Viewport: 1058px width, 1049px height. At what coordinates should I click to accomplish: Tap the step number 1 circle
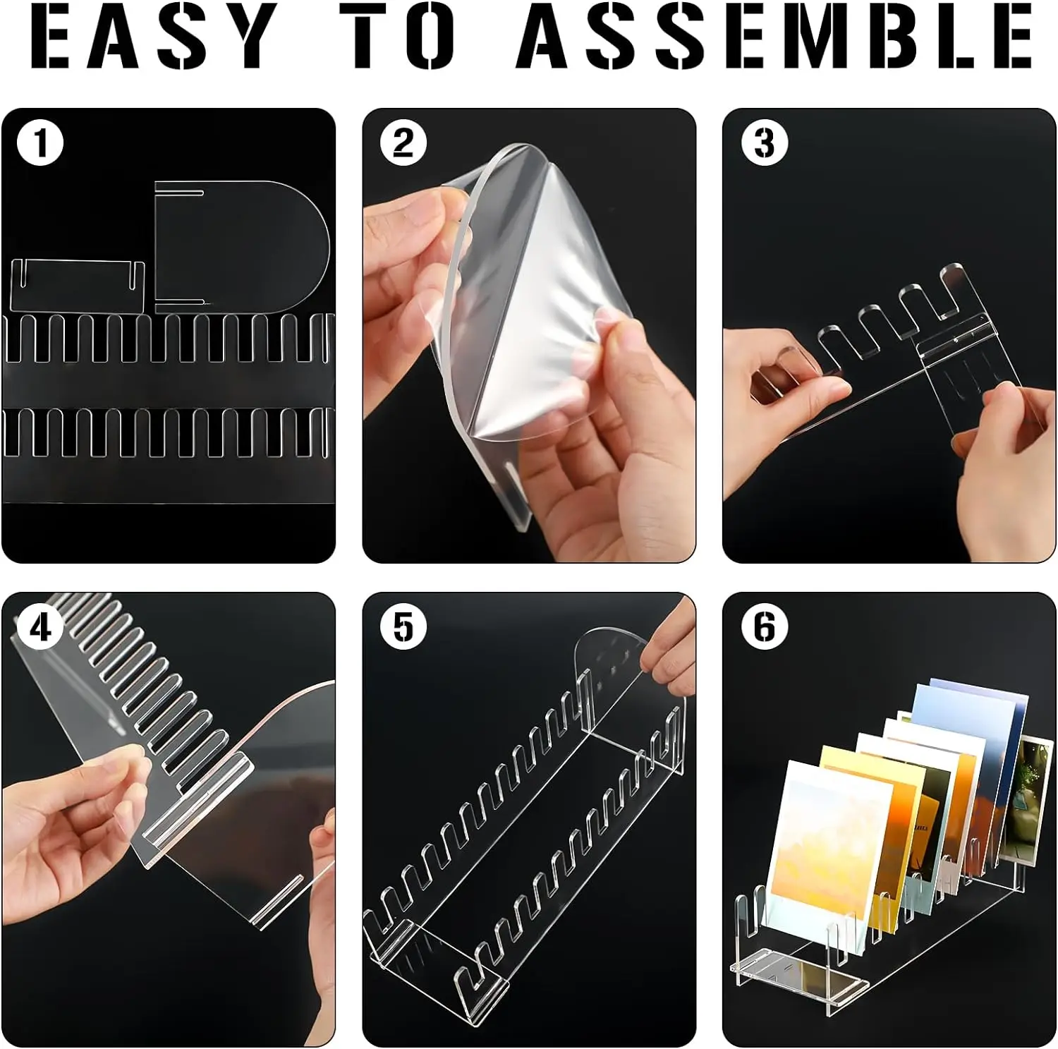[40, 143]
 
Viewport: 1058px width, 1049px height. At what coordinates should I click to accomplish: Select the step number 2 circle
[403, 143]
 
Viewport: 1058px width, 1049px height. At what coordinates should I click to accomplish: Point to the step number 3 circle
[765, 143]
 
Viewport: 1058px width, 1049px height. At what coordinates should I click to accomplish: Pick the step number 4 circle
[40, 627]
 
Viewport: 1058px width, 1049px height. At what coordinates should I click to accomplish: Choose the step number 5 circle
[403, 627]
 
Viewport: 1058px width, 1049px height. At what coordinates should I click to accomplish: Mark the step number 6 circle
[765, 627]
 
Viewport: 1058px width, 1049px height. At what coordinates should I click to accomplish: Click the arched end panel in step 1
[240, 247]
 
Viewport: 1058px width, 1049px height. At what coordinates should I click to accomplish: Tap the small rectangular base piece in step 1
[78, 286]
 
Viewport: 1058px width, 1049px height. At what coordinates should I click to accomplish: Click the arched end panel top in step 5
[610, 645]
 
